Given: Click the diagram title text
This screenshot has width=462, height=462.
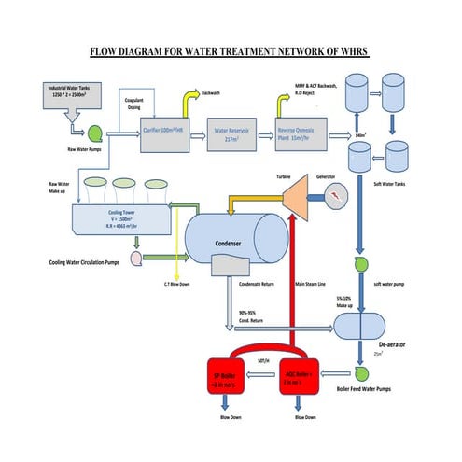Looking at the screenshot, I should [x=230, y=53].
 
